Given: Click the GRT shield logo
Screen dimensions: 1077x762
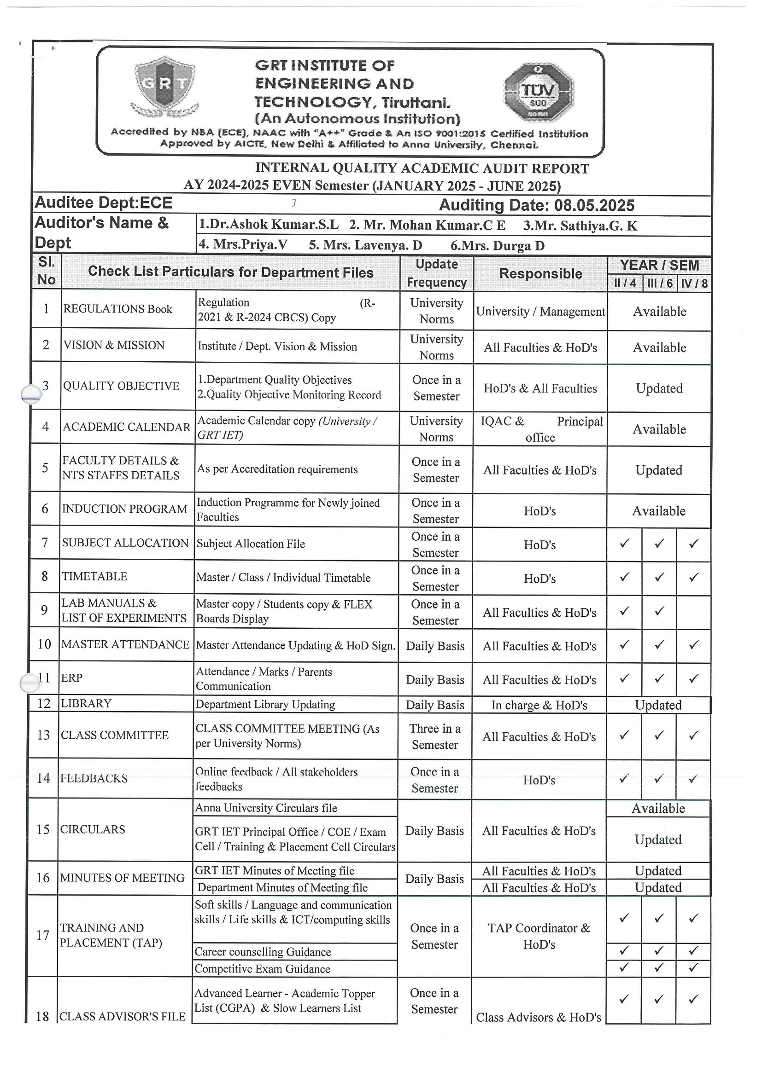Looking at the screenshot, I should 165,87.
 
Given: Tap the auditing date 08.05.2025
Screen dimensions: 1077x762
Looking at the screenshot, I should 594,205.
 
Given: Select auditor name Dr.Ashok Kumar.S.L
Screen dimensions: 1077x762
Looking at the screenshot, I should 269,225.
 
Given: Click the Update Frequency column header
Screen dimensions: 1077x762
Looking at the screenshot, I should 437,273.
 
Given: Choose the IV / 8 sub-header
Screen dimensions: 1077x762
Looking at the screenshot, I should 694,284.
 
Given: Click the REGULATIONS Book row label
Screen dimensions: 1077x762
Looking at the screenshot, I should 118,309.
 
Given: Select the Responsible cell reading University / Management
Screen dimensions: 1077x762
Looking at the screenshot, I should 540,312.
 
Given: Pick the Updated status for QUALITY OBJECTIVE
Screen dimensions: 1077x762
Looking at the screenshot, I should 659,388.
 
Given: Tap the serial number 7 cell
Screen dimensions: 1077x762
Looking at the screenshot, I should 45,543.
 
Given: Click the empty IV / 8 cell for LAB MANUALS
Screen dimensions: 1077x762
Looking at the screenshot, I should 693,612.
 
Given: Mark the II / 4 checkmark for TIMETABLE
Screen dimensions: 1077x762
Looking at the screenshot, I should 624,577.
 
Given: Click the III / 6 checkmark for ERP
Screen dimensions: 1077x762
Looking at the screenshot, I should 659,678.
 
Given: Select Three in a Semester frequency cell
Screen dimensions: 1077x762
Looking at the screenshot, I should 435,736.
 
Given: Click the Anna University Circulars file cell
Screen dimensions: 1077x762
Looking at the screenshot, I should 266,808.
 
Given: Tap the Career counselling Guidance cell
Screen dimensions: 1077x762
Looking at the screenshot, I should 263,952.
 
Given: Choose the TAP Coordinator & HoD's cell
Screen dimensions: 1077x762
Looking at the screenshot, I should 539,936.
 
